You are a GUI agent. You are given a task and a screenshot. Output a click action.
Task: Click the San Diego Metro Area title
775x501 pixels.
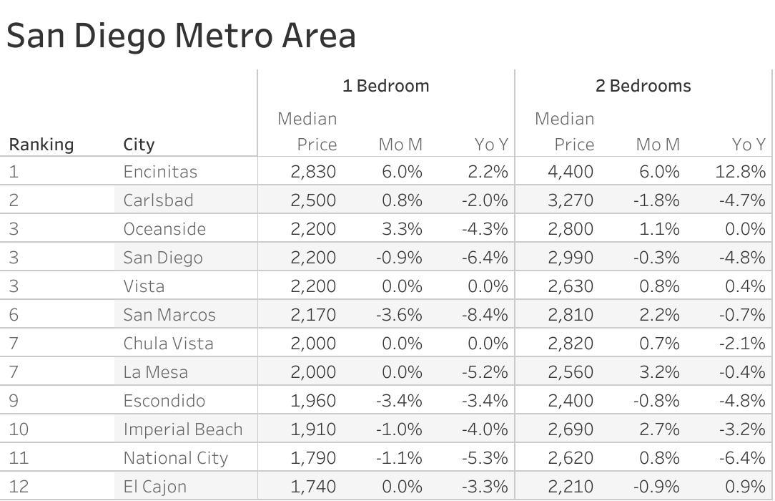tap(181, 35)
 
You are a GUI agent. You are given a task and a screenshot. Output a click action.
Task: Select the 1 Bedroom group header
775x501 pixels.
tap(385, 86)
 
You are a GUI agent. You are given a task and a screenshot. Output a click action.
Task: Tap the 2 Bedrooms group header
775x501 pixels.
tap(643, 86)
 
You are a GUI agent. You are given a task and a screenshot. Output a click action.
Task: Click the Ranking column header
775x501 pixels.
tap(41, 145)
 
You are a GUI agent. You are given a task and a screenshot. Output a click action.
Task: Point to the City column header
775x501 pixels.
tap(139, 145)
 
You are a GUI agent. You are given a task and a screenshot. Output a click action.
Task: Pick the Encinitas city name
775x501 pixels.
tap(160, 172)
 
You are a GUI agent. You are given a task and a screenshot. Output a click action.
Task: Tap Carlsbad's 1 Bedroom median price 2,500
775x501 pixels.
tap(313, 200)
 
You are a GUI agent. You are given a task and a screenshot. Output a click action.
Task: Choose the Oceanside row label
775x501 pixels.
tap(164, 229)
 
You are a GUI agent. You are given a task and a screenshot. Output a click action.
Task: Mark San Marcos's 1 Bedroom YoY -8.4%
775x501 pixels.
tap(485, 315)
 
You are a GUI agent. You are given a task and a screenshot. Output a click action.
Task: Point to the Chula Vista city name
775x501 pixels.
tap(168, 344)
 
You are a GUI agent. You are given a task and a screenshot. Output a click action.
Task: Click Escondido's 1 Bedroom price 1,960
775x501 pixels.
tap(313, 401)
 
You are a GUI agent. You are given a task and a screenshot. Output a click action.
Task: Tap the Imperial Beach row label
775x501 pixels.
tap(183, 429)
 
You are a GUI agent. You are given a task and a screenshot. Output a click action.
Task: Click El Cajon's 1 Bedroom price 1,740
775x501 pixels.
tap(313, 487)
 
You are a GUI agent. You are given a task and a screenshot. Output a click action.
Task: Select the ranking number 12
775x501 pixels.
tap(19, 487)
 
